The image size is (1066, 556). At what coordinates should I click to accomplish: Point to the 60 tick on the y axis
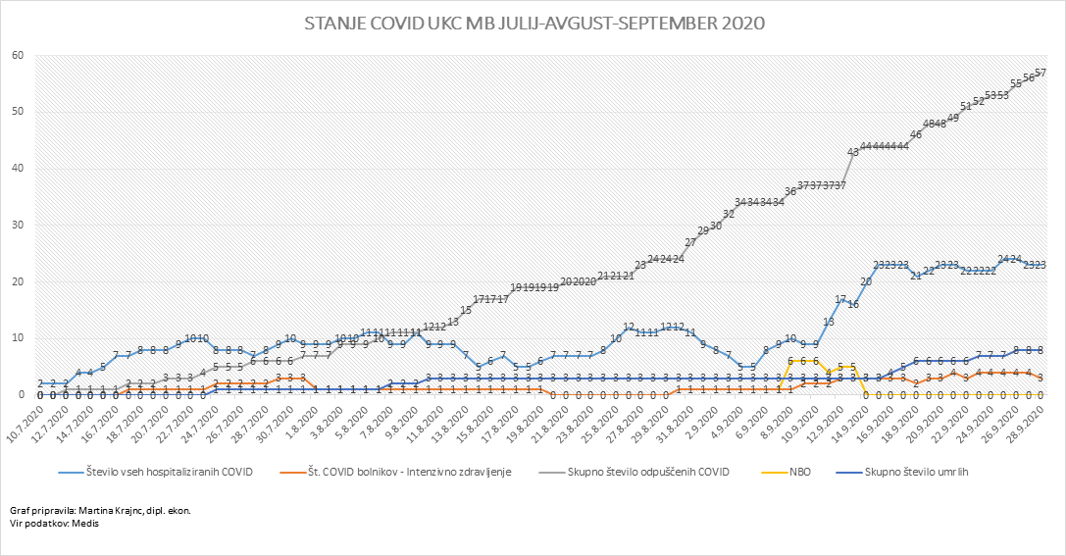(17, 55)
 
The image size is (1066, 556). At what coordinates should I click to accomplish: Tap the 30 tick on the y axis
(17, 225)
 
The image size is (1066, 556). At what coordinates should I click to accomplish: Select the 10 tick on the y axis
(17, 338)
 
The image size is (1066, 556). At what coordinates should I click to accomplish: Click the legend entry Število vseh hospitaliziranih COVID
(168, 472)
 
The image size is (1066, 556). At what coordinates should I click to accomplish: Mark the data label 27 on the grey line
(690, 242)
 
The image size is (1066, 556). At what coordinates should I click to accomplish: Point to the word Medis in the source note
(85, 524)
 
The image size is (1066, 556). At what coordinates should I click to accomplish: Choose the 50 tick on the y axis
(17, 112)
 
